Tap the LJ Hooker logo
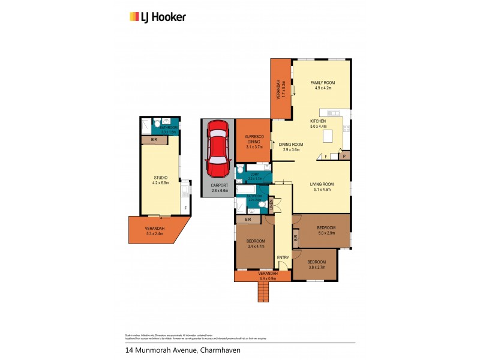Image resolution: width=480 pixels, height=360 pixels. click(158, 17)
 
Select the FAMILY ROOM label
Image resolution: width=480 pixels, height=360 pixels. click(322, 82)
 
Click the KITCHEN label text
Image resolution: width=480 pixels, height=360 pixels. click(318, 121)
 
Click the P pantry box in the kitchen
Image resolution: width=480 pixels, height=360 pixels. click(344, 155)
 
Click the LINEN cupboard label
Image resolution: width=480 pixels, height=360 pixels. click(271, 206)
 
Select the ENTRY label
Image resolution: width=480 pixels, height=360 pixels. click(283, 258)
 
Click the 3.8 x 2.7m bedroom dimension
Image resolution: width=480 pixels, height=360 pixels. click(316, 266)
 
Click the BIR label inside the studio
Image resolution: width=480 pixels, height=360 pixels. click(154, 140)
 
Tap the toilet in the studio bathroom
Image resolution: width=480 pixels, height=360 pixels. click(157, 124)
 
